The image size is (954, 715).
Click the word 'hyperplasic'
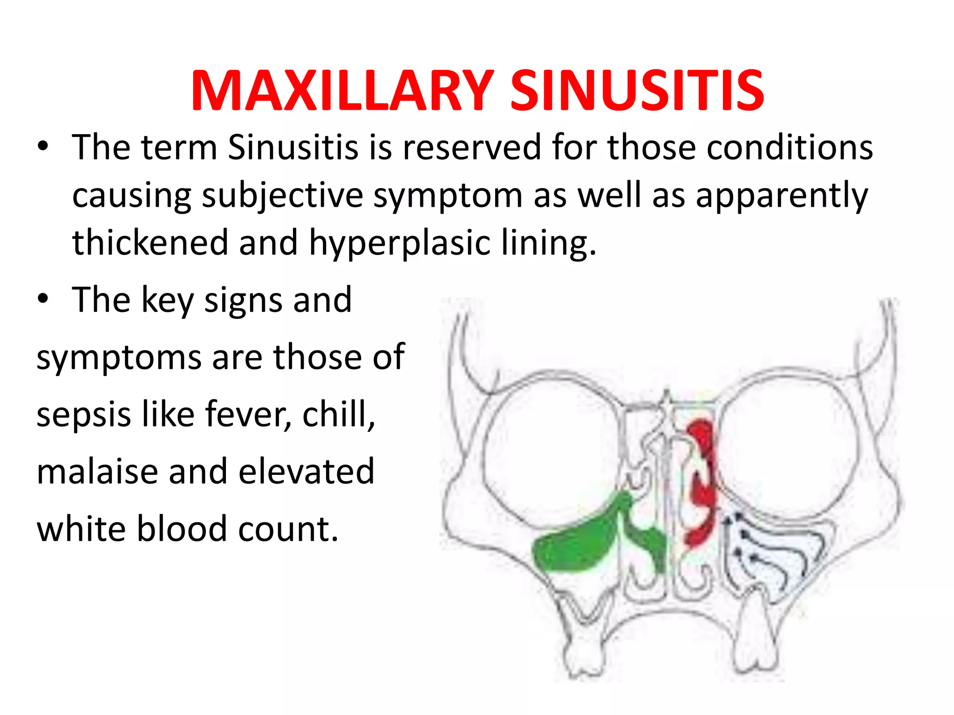point(400,243)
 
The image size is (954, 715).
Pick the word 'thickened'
point(150,243)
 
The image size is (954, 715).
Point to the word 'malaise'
point(97,472)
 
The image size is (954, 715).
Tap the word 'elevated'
point(307,472)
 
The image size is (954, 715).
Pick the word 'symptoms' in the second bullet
point(118,357)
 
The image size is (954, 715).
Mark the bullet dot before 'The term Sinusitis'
point(43,148)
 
